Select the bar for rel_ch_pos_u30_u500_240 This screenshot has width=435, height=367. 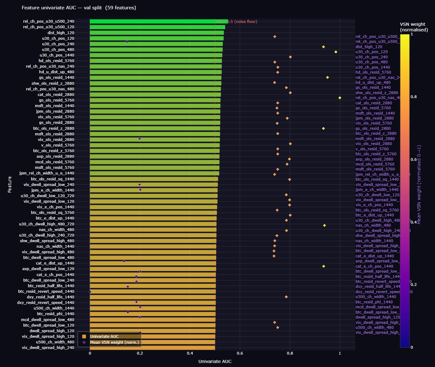(158, 21)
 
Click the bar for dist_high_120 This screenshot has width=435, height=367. (157, 33)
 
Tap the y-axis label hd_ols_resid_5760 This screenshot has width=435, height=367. (56, 61)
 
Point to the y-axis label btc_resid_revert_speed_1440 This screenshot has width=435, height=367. (46, 292)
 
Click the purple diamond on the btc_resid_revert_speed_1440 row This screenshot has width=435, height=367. (90, 292)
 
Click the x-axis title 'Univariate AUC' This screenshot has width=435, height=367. (215, 361)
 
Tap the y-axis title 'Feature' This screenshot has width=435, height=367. (10, 184)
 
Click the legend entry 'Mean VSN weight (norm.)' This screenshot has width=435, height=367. (114, 342)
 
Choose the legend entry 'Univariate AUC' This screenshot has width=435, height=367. (104, 337)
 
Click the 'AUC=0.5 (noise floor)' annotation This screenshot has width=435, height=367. (236, 22)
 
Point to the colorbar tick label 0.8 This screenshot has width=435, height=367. (414, 97)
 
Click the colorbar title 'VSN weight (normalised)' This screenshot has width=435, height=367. (414, 27)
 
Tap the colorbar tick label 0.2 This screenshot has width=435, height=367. (414, 285)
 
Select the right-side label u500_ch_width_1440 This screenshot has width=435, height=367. (376, 297)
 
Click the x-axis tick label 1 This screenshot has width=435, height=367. (340, 353)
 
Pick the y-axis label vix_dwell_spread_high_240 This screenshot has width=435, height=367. (48, 348)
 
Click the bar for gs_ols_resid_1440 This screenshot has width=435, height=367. (155, 78)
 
